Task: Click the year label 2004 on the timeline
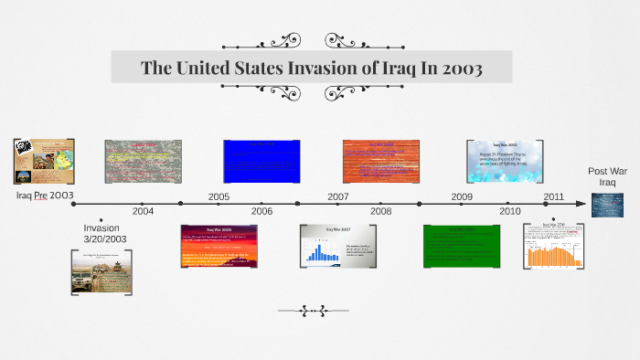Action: (143, 211)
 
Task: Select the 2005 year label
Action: (219, 196)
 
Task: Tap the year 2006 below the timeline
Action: (261, 211)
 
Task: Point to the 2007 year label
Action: (338, 196)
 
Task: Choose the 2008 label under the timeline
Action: (381, 211)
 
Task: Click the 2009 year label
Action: (462, 196)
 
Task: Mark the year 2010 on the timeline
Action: (510, 211)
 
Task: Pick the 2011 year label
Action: (554, 196)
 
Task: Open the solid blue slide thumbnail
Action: (261, 162)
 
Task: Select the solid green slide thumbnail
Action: (462, 246)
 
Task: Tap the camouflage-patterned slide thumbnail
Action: (143, 162)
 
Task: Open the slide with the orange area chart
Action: (554, 246)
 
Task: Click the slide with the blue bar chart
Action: (338, 246)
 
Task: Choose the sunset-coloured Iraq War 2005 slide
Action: (219, 246)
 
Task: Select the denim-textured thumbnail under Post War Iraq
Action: (607, 205)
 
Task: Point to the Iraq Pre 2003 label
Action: (45, 196)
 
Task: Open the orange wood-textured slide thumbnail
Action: (381, 162)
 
